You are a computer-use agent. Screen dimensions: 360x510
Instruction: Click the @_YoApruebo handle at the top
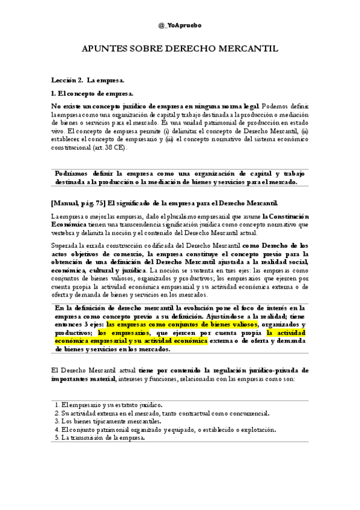point(180,26)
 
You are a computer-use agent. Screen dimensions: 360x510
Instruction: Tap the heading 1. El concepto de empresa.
point(92,93)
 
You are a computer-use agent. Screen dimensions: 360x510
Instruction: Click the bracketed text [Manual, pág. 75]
point(78,203)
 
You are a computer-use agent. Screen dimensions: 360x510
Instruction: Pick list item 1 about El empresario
point(108,405)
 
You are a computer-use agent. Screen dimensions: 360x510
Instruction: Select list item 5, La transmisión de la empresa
point(103,438)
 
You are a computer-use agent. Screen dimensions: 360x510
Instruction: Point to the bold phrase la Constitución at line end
point(285,216)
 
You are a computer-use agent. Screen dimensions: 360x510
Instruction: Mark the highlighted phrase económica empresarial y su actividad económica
point(131,341)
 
